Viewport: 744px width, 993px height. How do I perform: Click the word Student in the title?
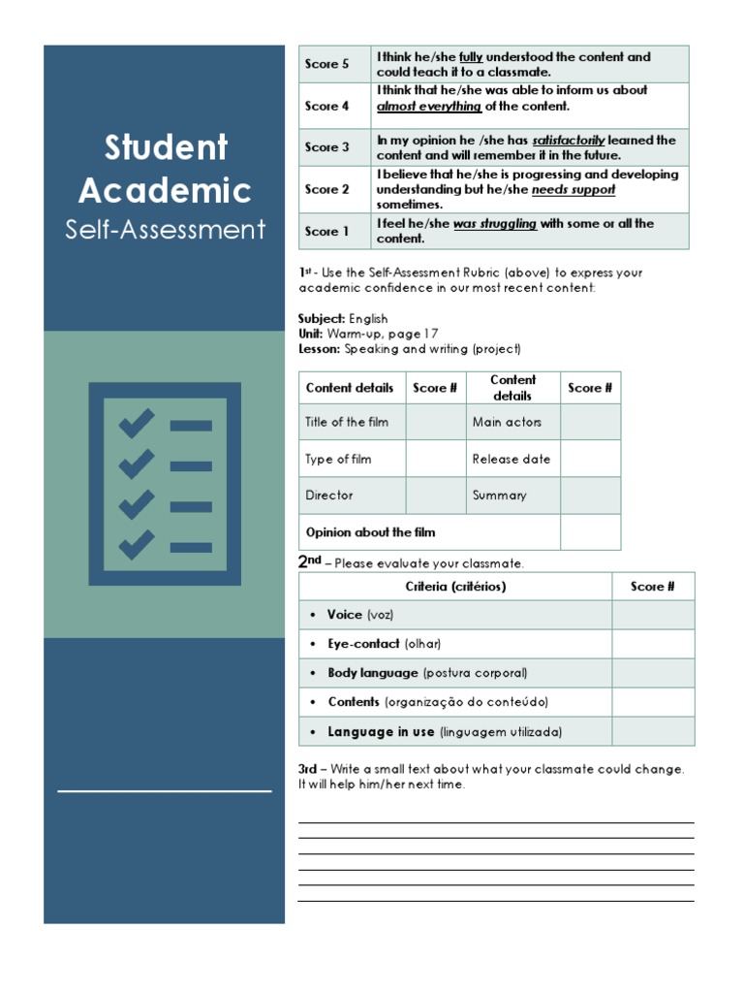point(166,148)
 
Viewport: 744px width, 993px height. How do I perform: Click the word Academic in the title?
point(166,190)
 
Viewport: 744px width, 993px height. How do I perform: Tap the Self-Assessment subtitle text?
point(165,230)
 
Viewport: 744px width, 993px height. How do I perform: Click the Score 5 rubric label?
point(327,64)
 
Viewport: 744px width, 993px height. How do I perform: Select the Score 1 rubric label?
point(327,231)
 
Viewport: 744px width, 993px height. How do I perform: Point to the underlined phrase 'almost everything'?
point(428,107)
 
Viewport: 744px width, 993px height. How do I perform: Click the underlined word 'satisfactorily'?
point(569,141)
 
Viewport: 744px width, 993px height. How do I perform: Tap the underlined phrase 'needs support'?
point(573,190)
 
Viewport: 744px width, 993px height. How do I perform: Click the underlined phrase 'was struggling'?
point(494,224)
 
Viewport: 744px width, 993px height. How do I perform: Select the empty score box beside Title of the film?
point(435,422)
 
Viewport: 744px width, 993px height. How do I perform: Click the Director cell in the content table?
point(329,496)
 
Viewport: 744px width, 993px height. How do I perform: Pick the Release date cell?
point(511,459)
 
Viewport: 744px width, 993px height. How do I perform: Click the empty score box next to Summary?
point(591,496)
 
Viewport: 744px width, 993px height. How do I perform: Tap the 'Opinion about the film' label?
point(370,532)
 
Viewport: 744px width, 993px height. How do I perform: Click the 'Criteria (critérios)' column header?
point(455,587)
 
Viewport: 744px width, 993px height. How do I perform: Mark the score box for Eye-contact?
point(653,644)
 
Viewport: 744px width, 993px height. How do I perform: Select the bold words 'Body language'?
point(373,673)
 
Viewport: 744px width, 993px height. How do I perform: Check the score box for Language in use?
point(653,732)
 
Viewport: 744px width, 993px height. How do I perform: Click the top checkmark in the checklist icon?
point(136,424)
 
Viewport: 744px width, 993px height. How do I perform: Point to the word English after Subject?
point(368,318)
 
